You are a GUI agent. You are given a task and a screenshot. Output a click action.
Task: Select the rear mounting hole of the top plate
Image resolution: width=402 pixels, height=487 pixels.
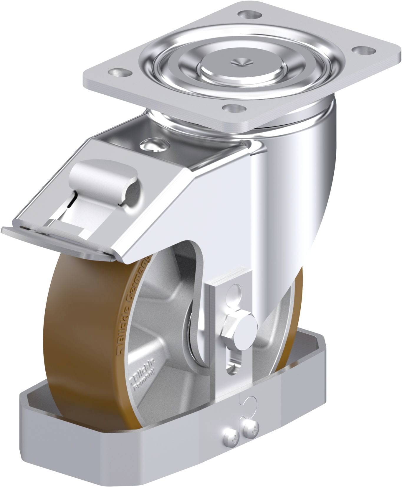pyautogui.click(x=247, y=13)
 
